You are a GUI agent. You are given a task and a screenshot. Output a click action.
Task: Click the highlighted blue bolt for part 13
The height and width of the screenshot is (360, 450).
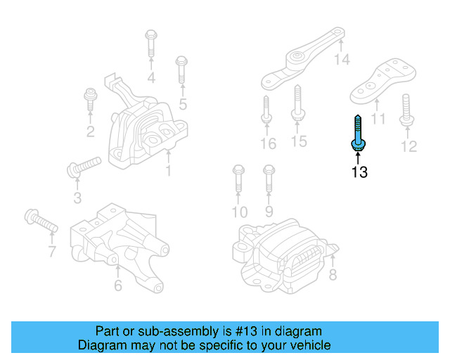pos(357,134)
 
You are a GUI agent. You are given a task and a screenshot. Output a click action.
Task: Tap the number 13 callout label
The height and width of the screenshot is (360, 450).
pos(359,172)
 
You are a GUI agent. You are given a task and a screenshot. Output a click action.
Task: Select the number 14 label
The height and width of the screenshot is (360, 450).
pos(341,60)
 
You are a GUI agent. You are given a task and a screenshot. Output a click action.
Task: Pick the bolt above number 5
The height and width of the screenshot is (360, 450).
pos(181,70)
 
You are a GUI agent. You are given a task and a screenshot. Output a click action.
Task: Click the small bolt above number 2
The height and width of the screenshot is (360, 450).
pos(90,99)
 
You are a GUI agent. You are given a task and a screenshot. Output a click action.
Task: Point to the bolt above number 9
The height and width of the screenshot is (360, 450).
pos(268,179)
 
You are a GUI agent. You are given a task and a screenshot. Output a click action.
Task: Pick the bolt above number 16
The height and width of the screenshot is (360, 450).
pos(266,108)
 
